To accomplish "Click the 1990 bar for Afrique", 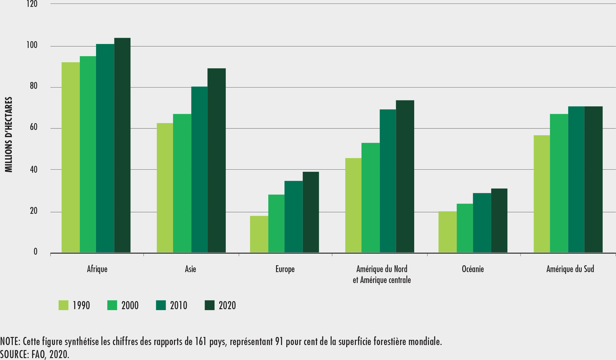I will coord(70,157).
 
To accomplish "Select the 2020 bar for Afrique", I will coord(122,145).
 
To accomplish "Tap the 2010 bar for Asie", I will coord(199,170).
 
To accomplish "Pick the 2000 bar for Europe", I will coord(276,223).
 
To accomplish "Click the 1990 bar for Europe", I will coord(259,234).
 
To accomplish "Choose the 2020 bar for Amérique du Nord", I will coord(405,176).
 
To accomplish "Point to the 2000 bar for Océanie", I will coord(465,228).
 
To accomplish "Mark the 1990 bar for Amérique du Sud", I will coord(542,194).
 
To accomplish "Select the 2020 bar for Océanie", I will coord(499,220).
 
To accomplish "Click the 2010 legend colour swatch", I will coord(161,305).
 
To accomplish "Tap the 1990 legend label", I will coord(81,305).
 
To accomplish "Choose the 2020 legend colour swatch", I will coord(210,305).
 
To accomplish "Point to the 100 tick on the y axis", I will coord(32,45).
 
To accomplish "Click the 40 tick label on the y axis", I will coord(33,170).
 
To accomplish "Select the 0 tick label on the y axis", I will coord(35,252).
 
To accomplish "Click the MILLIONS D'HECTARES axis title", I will coord(9,135).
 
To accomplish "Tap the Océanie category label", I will coord(473,269).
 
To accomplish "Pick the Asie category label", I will coord(190,269).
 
